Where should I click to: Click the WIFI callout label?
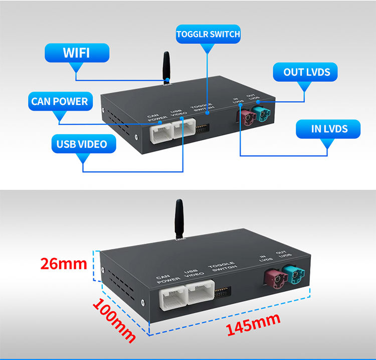pyautogui.click(x=77, y=53)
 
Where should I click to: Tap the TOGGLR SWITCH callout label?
pyautogui.click(x=208, y=35)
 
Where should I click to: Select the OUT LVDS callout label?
pyautogui.click(x=307, y=72)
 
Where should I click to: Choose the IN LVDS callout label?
pyautogui.click(x=329, y=129)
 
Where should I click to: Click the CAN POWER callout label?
pyautogui.click(x=59, y=102)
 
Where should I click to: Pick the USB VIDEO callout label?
pyautogui.click(x=82, y=144)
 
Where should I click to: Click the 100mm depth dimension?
pyautogui.click(x=113, y=320)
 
